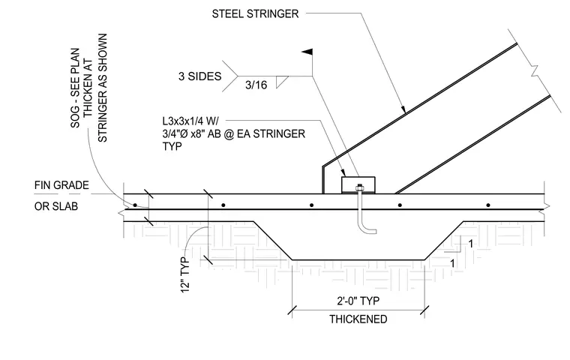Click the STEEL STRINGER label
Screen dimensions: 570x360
pyautogui.click(x=255, y=13)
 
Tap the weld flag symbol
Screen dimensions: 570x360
pyautogui.click(x=308, y=52)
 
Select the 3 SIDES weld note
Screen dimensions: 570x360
pyautogui.click(x=199, y=76)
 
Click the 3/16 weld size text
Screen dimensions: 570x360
pyautogui.click(x=256, y=85)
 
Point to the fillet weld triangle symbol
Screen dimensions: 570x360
pyautogui.click(x=281, y=82)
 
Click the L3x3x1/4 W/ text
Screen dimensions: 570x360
pyautogui.click(x=193, y=121)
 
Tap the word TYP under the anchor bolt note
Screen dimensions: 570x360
pyautogui.click(x=172, y=146)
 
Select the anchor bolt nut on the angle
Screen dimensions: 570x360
pyautogui.click(x=359, y=187)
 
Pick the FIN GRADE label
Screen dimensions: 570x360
pyautogui.click(x=61, y=185)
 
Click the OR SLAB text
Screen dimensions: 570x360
pyautogui.click(x=56, y=206)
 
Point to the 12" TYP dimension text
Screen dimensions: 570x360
pyautogui.click(x=185, y=274)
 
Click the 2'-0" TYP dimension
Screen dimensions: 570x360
pyautogui.click(x=358, y=301)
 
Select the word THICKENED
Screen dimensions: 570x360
pyautogui.click(x=358, y=319)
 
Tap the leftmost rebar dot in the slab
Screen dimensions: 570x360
pyautogui.click(x=135, y=205)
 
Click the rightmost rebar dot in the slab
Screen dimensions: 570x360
pyautogui.click(x=488, y=205)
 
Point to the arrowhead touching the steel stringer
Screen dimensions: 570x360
pyautogui.click(x=403, y=109)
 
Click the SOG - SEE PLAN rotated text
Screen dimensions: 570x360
pyautogui.click(x=75, y=88)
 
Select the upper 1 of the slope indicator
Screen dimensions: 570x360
pyautogui.click(x=471, y=244)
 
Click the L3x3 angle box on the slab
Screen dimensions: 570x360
pyautogui.click(x=358, y=184)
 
